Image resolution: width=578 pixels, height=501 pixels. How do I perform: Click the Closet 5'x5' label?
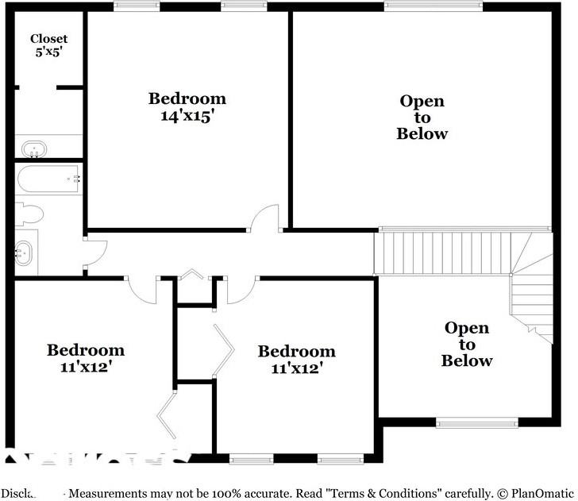click(x=48, y=44)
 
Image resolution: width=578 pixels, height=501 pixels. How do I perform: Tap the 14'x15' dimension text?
click(x=187, y=114)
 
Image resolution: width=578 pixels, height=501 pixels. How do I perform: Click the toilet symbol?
click(x=29, y=214)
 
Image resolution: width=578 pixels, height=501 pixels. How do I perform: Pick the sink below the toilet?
click(x=25, y=252)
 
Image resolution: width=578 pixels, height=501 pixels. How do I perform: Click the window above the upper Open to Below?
click(x=433, y=6)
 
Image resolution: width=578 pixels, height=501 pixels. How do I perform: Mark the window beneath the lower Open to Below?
click(x=476, y=422)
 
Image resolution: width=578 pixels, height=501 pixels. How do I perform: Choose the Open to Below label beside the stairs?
click(x=467, y=345)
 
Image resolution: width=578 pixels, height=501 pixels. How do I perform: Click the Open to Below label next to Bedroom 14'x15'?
click(x=422, y=117)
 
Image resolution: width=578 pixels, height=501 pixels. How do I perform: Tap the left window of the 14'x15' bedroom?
click(x=137, y=6)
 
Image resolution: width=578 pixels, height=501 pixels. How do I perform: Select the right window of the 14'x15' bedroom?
click(x=243, y=6)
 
